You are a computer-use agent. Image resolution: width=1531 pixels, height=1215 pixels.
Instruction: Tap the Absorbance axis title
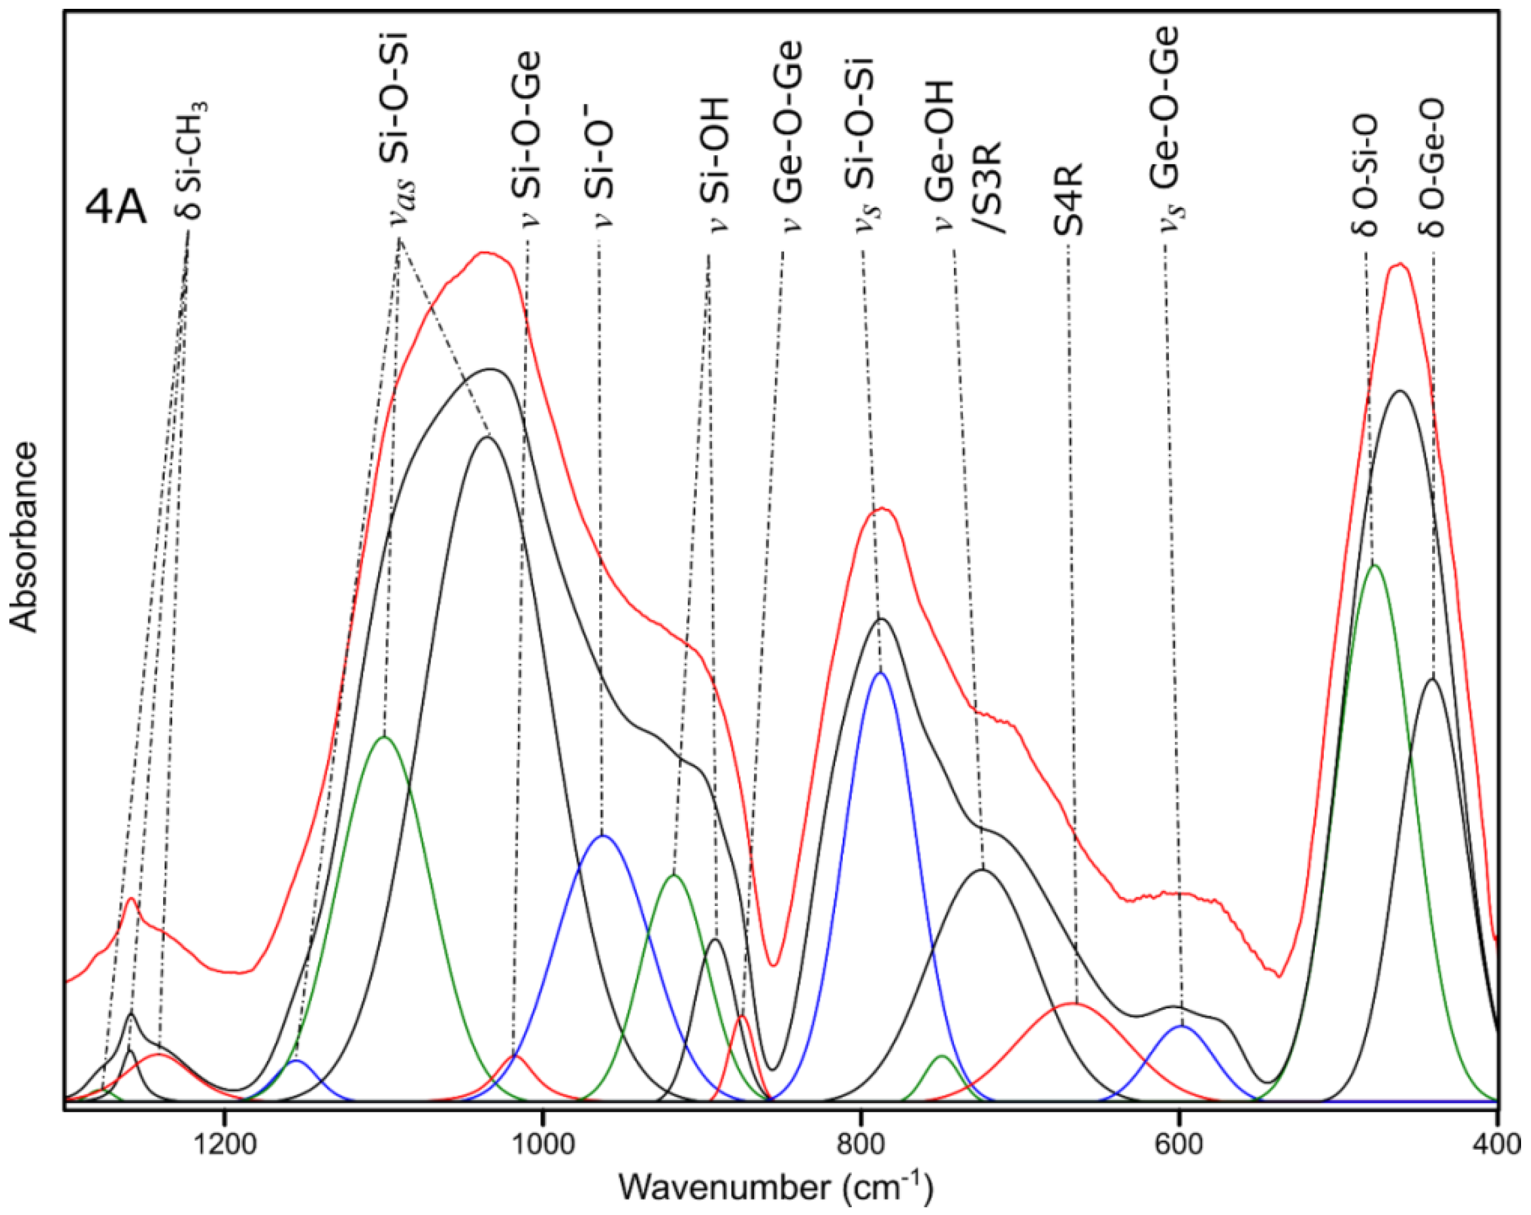tap(25, 537)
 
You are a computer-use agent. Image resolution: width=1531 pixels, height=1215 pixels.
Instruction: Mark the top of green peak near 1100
tap(384, 736)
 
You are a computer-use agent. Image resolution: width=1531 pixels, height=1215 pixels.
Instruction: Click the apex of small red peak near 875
tap(742, 1016)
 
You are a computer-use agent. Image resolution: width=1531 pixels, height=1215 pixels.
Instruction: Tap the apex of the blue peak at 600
tap(1182, 1025)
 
